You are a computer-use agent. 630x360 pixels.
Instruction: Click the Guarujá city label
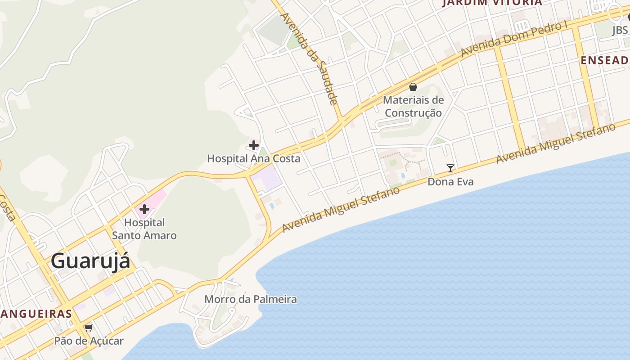click(90, 261)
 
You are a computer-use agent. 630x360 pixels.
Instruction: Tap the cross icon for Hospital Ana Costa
click(254, 145)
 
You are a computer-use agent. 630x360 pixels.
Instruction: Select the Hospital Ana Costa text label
click(253, 158)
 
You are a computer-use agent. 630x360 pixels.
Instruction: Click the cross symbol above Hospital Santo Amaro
click(144, 209)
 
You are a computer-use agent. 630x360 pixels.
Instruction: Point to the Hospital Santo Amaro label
click(144, 229)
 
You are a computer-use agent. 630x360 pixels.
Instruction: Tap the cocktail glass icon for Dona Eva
click(450, 168)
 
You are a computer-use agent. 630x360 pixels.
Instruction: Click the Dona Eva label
click(450, 182)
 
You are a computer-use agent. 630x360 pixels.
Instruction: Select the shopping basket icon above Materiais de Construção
click(413, 87)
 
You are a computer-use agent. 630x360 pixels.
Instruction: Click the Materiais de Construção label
click(413, 106)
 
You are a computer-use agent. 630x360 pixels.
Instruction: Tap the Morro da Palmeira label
click(251, 299)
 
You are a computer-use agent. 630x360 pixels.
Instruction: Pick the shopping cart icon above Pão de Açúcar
click(89, 328)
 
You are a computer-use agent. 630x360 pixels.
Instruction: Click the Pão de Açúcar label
click(89, 341)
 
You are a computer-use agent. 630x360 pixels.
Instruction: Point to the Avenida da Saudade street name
click(309, 58)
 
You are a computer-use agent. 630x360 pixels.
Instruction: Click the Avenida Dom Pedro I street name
click(513, 40)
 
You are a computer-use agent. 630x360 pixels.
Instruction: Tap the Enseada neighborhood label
click(605, 60)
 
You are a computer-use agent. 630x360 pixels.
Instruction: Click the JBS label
click(620, 30)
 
